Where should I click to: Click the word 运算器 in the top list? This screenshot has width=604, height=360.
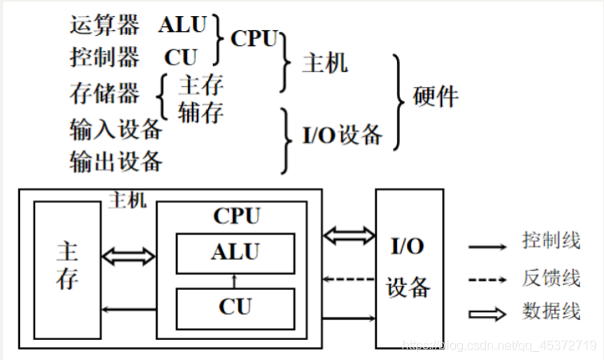click(x=104, y=25)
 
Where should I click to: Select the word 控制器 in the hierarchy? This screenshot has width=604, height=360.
click(x=104, y=57)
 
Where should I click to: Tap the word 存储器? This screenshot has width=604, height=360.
click(x=104, y=93)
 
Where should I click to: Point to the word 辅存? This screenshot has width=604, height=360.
click(x=201, y=112)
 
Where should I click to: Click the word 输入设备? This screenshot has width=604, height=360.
click(x=116, y=127)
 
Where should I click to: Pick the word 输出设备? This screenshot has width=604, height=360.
click(x=116, y=161)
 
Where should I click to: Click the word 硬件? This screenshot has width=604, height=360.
click(x=436, y=96)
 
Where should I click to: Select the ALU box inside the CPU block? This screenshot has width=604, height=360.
click(x=235, y=252)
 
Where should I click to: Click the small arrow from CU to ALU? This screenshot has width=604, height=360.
click(x=235, y=280)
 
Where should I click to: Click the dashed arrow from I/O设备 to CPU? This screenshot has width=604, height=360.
click(x=349, y=279)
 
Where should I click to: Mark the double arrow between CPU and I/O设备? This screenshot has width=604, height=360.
click(x=349, y=234)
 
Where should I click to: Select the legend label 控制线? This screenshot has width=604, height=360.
click(x=551, y=240)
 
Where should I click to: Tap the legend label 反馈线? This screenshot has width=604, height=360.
click(x=551, y=277)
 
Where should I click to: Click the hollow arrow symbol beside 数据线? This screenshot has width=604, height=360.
click(x=487, y=314)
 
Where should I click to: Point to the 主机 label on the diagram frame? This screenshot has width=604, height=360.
click(x=127, y=201)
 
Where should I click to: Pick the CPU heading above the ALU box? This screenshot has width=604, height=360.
click(x=236, y=216)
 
